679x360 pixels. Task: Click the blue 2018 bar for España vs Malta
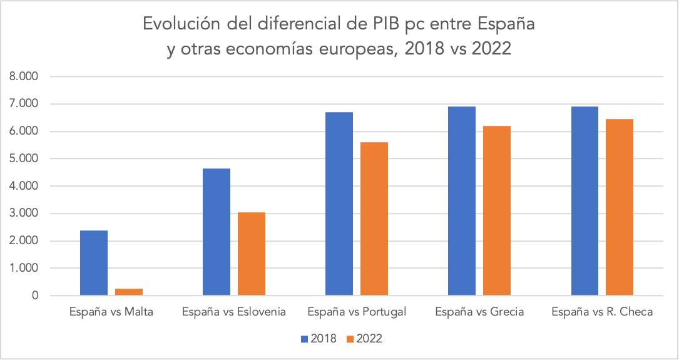click(x=94, y=263)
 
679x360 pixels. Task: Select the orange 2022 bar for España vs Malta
click(x=129, y=292)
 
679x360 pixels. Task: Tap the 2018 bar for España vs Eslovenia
click(x=217, y=232)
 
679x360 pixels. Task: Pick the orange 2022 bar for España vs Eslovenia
click(x=252, y=254)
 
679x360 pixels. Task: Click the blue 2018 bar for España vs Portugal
click(x=339, y=203)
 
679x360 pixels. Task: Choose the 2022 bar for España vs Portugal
click(x=374, y=219)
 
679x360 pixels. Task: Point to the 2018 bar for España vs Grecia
click(x=462, y=200)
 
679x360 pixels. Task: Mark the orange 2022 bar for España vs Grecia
click(x=497, y=210)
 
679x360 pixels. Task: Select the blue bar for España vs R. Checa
click(x=585, y=200)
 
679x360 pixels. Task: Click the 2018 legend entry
click(x=319, y=339)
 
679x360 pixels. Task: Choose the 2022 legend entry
click(x=364, y=339)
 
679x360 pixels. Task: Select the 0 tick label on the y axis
click(x=35, y=296)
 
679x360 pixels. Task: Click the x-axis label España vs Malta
click(x=111, y=312)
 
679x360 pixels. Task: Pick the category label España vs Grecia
click(x=479, y=312)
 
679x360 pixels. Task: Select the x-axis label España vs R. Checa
click(x=602, y=312)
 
